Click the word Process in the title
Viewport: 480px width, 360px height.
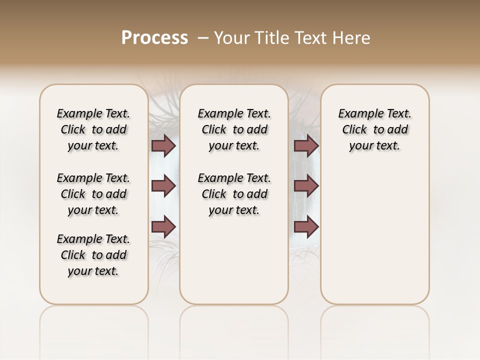point(154,38)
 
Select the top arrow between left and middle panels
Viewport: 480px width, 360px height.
point(163,145)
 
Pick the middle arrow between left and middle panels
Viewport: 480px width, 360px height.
point(163,186)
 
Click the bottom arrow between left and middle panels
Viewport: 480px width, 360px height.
point(163,226)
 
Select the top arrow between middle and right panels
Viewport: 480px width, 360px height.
point(306,145)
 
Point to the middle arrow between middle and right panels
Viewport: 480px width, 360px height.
point(306,186)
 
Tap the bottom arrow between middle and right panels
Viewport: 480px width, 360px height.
point(306,226)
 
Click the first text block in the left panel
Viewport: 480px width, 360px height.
point(93,129)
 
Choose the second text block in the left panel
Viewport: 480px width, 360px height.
point(93,194)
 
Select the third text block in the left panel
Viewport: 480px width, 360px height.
point(93,255)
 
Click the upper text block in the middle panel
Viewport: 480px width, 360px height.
point(234,129)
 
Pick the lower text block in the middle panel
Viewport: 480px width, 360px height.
point(234,194)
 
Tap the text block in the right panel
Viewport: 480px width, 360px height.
point(374,129)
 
